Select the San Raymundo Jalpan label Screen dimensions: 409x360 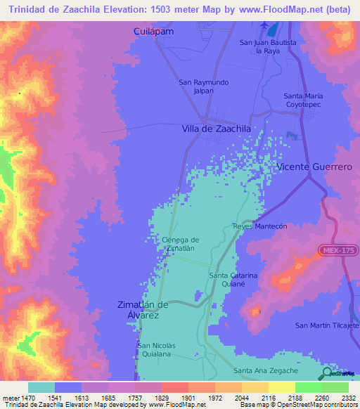[x=203, y=86]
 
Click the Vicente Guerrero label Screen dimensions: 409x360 [x=314, y=167]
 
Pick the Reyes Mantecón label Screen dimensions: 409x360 [x=260, y=226]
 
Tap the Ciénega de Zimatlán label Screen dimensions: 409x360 [x=180, y=244]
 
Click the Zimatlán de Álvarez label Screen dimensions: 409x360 [x=143, y=310]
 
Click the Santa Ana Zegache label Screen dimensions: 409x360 [x=265, y=370]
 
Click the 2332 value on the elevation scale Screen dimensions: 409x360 [x=336, y=397]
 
